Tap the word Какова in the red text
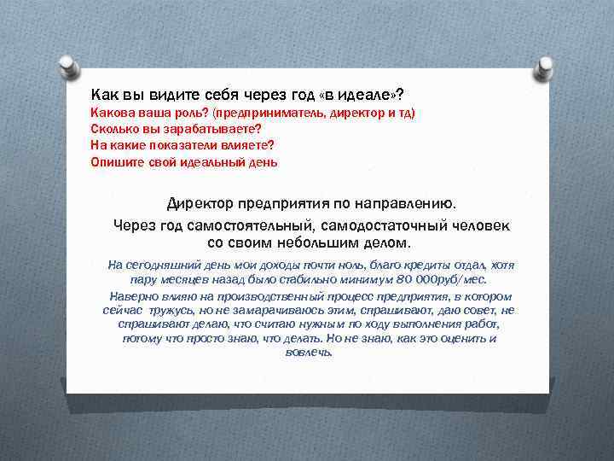tap(112, 114)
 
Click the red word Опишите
tap(117, 161)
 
